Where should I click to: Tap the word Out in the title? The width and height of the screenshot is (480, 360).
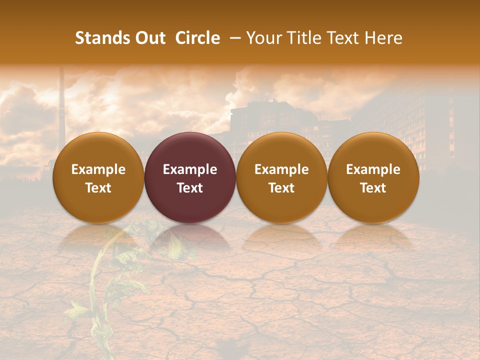[x=149, y=38]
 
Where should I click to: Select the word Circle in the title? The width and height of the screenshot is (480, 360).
[x=197, y=38]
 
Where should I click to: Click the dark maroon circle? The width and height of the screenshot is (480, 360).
[x=190, y=177]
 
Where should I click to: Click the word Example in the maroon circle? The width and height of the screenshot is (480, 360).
[x=190, y=169]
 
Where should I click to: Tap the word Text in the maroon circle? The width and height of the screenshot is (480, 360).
[x=190, y=188]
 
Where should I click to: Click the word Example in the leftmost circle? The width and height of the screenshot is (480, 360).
[x=98, y=169]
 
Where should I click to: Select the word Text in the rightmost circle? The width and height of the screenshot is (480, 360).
[x=373, y=188]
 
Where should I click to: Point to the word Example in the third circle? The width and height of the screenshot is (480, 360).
[x=281, y=169]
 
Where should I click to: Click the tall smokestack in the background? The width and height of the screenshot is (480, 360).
[x=62, y=110]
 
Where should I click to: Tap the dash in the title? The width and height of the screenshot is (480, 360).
[x=233, y=38]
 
